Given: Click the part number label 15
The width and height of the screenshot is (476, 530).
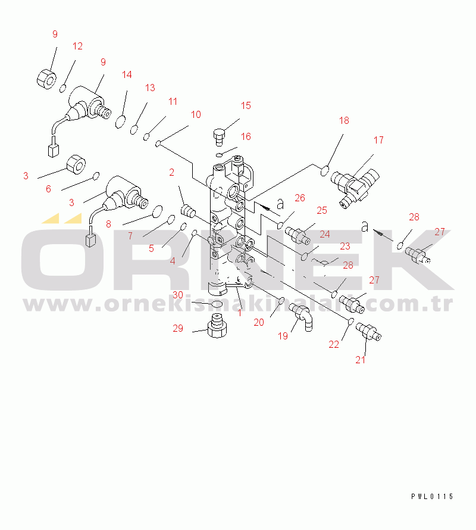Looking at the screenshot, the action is [x=246, y=106].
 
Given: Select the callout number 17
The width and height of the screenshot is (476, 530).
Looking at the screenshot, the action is [x=378, y=141].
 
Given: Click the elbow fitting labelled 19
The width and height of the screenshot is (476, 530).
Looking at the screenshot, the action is [x=303, y=317].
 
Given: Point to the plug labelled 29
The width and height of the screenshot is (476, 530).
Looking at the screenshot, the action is [x=217, y=326].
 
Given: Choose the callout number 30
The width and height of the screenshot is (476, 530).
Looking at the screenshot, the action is [x=178, y=295].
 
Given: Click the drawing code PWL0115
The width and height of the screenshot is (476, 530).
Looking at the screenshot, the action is [x=432, y=497].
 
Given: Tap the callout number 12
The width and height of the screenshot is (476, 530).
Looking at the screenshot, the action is [x=77, y=46].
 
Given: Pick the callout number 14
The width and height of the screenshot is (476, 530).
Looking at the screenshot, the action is [x=127, y=74].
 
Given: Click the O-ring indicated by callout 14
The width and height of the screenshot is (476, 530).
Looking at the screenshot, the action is [x=121, y=122].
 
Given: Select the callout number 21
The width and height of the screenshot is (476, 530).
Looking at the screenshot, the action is [x=360, y=360].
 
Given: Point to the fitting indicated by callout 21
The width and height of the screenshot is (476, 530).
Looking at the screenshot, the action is [x=368, y=332].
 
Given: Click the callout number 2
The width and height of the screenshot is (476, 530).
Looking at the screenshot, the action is [x=171, y=173].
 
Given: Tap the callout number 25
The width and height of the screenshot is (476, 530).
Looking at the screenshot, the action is [x=322, y=211].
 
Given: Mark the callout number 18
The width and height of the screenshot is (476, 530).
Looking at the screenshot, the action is [x=344, y=121].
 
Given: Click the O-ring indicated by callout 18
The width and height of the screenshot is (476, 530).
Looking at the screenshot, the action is [x=324, y=171].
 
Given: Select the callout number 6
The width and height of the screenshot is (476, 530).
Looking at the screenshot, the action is [x=48, y=189].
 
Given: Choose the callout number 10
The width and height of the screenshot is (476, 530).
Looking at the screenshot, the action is [x=196, y=115].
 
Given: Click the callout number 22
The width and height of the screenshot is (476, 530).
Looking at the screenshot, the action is [x=333, y=344].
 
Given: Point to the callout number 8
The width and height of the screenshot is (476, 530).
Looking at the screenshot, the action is [x=108, y=224].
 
